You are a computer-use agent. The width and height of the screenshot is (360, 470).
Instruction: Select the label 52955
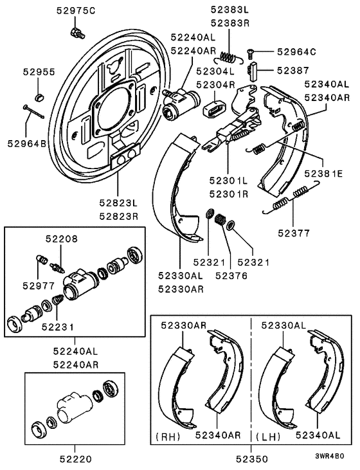click(x=40, y=73)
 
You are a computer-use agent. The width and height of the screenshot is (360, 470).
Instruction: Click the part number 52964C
click(x=297, y=51)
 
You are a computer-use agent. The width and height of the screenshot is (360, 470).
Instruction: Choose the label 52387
click(x=293, y=69)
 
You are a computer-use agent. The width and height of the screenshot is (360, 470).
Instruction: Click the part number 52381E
click(x=328, y=174)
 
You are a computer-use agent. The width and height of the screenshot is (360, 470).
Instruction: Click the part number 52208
click(x=61, y=239)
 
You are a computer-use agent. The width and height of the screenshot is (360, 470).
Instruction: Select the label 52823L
click(x=118, y=203)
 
